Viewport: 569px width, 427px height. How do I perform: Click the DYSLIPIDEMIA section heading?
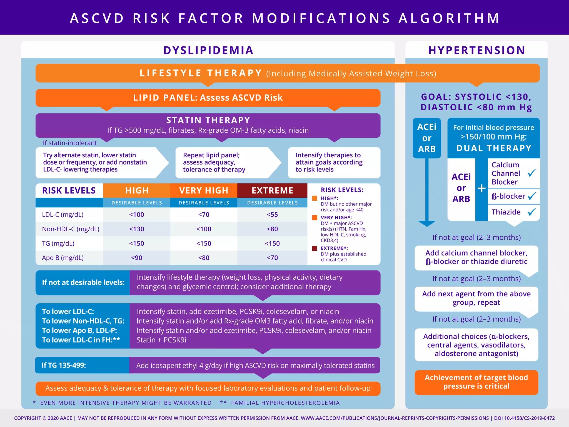click(208, 50)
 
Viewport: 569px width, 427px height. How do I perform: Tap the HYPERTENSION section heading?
click(476, 50)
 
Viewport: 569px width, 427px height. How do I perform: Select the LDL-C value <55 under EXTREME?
click(272, 215)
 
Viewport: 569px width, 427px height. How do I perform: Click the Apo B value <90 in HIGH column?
click(136, 258)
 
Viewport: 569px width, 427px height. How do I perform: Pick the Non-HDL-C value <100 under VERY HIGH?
click(204, 229)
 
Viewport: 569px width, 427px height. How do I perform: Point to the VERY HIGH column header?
click(204, 190)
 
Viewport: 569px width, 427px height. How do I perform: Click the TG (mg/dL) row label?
click(58, 244)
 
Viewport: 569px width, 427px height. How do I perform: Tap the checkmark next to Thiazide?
click(532, 212)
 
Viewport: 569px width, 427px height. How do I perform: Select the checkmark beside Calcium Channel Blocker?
click(532, 173)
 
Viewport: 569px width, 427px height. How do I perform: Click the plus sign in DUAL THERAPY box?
click(481, 188)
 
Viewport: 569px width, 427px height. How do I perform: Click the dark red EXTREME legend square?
click(315, 248)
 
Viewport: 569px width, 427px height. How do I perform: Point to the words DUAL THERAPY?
click(494, 148)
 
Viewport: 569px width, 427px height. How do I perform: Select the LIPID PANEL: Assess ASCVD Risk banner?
click(208, 98)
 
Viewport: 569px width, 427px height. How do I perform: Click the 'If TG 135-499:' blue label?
click(64, 365)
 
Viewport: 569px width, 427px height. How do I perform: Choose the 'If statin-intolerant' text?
click(70, 143)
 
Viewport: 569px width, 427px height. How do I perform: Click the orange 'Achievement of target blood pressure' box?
click(476, 382)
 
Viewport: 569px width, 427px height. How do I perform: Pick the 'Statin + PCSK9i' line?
click(161, 340)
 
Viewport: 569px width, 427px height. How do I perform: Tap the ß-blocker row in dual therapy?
click(508, 196)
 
